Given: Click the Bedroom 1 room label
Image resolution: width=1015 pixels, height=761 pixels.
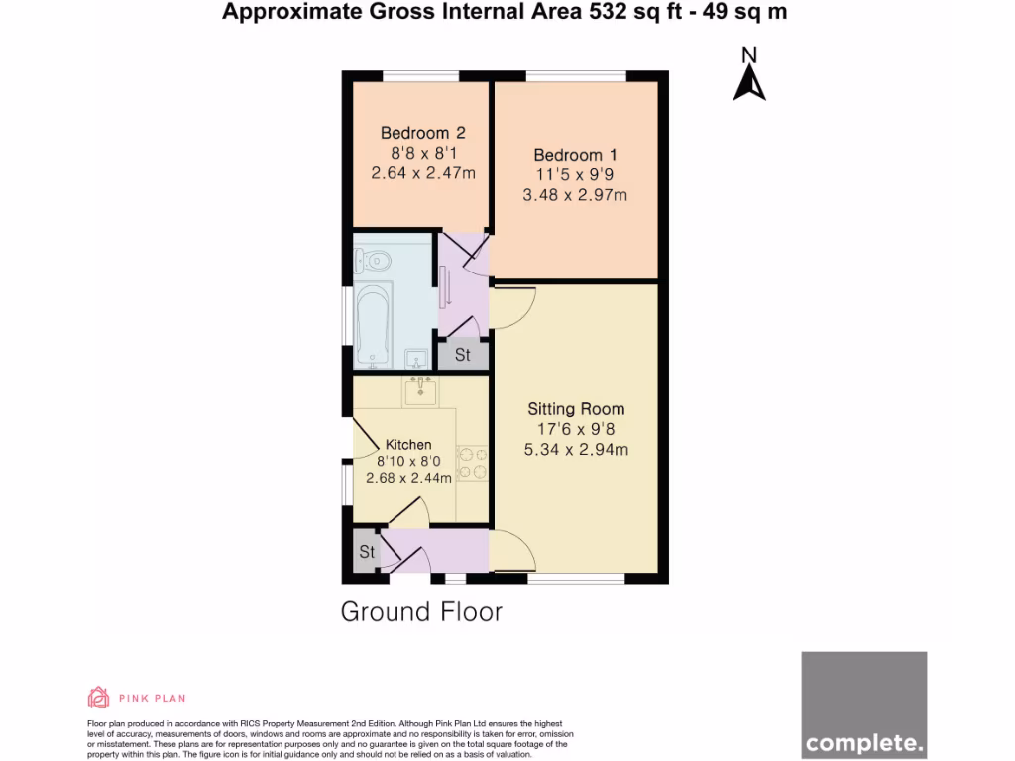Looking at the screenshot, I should coord(575,155).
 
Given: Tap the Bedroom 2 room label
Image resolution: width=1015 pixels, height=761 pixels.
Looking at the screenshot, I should coord(422,133).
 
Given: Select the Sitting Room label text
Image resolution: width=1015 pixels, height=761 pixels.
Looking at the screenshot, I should coord(576,408).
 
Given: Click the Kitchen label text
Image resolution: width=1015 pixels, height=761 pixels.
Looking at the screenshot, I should coord(408,445).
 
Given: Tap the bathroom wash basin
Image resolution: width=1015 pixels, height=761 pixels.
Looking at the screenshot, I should coord(416,358).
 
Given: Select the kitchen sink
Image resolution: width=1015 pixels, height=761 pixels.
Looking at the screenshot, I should coord(421,390).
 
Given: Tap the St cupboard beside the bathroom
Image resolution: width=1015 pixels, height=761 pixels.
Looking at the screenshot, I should coord(463,355).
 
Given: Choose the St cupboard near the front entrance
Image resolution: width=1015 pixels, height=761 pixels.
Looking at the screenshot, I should coord(367,552).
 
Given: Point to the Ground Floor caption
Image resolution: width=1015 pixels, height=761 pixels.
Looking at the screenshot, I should coord(421,612).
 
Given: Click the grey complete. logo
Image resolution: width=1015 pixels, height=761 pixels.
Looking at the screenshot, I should coord(863,705).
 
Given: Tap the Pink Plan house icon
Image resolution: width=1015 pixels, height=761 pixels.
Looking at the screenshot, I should coord(98,698).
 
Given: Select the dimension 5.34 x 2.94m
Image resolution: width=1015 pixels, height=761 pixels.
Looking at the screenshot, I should coord(576,450).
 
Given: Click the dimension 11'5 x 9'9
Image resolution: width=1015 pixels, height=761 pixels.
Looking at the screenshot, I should coord(575,175).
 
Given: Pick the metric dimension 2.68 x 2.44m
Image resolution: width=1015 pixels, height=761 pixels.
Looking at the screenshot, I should coord(408,478).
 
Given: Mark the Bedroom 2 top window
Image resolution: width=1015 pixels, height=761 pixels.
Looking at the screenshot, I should coord(420,75).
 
